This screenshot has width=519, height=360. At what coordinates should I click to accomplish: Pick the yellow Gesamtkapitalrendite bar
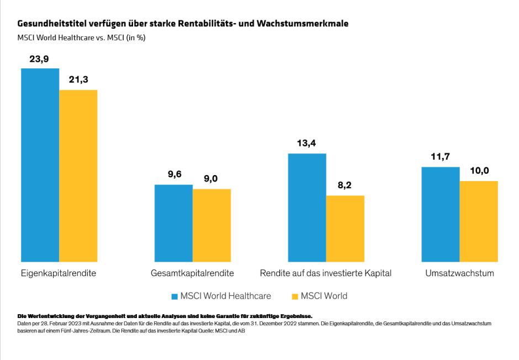tap(211, 225)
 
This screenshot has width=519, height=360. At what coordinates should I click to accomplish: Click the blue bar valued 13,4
tap(307, 207)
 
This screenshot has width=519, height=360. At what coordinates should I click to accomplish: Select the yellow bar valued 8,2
tap(345, 228)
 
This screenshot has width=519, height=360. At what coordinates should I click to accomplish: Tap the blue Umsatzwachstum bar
tap(441, 214)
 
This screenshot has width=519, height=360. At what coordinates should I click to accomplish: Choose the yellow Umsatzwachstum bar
tap(479, 221)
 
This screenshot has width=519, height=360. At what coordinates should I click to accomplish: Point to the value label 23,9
tap(40, 59)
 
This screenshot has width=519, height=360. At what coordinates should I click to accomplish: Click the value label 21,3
tap(78, 80)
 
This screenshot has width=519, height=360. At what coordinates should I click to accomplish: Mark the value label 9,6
tap(173, 175)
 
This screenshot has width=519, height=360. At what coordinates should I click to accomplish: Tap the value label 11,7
tap(441, 157)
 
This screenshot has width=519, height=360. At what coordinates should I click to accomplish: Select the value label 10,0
tap(479, 171)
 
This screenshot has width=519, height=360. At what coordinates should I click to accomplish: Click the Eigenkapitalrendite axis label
tap(58, 273)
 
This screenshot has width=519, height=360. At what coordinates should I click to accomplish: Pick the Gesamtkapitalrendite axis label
tap(192, 273)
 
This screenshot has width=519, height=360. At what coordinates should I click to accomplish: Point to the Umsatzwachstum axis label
tap(459, 273)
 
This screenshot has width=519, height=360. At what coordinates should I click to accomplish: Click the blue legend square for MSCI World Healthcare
tap(174, 296)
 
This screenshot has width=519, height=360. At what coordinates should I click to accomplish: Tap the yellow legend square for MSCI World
tap(295, 296)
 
